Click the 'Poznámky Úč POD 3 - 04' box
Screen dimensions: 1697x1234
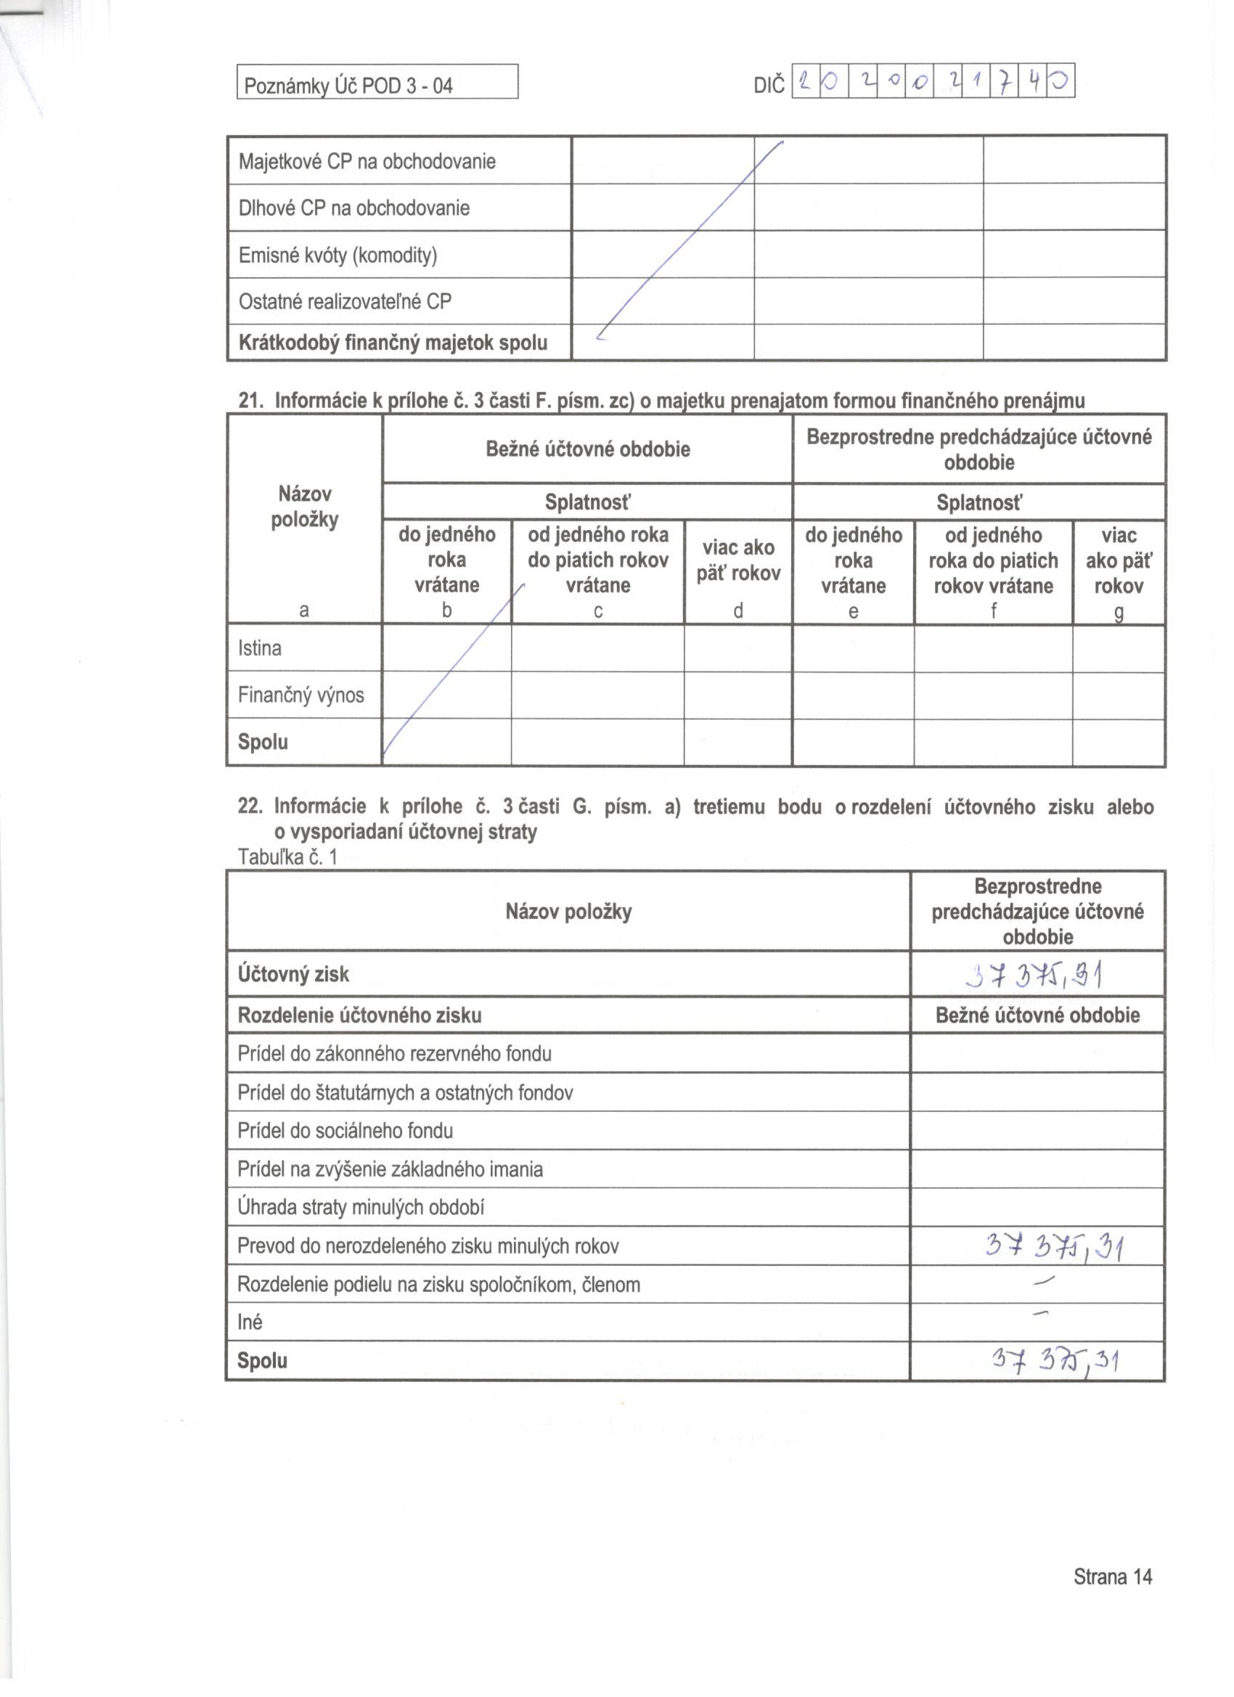pyautogui.click(x=377, y=82)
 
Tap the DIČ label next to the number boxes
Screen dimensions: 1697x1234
pyautogui.click(x=769, y=84)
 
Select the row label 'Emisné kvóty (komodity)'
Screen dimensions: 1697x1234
pyautogui.click(x=338, y=255)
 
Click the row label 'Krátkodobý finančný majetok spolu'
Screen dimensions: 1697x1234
pyautogui.click(x=393, y=343)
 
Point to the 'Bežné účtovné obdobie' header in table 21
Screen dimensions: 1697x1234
pyautogui.click(x=587, y=449)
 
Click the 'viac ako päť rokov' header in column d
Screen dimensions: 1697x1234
pyautogui.click(x=737, y=560)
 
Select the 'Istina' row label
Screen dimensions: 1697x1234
pyautogui.click(x=260, y=648)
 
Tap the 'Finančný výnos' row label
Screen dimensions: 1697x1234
pyautogui.click(x=301, y=695)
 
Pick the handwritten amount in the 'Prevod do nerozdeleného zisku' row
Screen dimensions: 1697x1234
pyautogui.click(x=1054, y=1246)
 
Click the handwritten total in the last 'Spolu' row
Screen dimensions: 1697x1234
pyautogui.click(x=1055, y=1359)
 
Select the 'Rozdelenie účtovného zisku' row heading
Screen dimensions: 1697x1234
pyautogui.click(x=359, y=1015)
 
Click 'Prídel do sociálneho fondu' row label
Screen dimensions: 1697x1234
pyautogui.click(x=345, y=1131)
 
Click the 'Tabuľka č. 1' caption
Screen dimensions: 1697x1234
pyautogui.click(x=287, y=856)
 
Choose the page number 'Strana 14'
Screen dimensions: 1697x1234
pyautogui.click(x=1112, y=1577)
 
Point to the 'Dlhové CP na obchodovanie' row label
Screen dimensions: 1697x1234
pyautogui.click(x=354, y=208)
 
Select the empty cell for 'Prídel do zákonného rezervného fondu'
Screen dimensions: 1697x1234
pyautogui.click(x=1037, y=1053)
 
